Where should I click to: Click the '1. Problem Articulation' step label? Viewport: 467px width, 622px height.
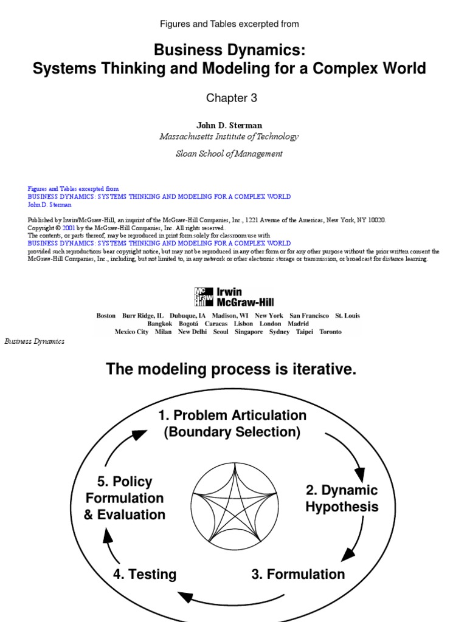point(232,416)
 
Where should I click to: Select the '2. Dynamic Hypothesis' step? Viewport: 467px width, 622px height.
point(342,498)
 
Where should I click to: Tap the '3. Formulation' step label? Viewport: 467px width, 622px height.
point(298,574)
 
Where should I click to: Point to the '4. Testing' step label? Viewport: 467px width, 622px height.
point(145,574)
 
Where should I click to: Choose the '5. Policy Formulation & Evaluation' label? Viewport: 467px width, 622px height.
point(125,498)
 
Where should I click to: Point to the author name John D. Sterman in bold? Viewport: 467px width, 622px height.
point(229,125)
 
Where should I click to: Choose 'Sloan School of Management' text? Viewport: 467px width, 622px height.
point(229,154)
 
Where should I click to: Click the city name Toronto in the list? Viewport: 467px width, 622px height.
point(330,332)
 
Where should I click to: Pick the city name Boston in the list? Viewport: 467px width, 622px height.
point(106,316)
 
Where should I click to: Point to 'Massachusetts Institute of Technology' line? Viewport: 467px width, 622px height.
point(229,137)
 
